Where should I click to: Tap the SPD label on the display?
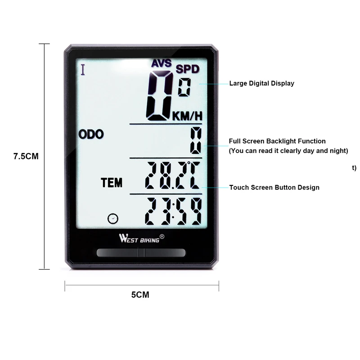coord(187,69)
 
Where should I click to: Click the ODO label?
coord(91,134)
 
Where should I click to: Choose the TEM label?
coord(112,183)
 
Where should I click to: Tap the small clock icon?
coord(113,219)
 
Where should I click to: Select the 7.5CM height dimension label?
coord(26,157)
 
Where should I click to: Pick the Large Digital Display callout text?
coord(261,83)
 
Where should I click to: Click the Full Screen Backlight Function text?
coord(277,141)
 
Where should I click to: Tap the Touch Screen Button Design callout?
coord(274,187)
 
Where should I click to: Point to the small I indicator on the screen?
coord(82,70)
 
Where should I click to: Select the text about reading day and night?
coord(288,151)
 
